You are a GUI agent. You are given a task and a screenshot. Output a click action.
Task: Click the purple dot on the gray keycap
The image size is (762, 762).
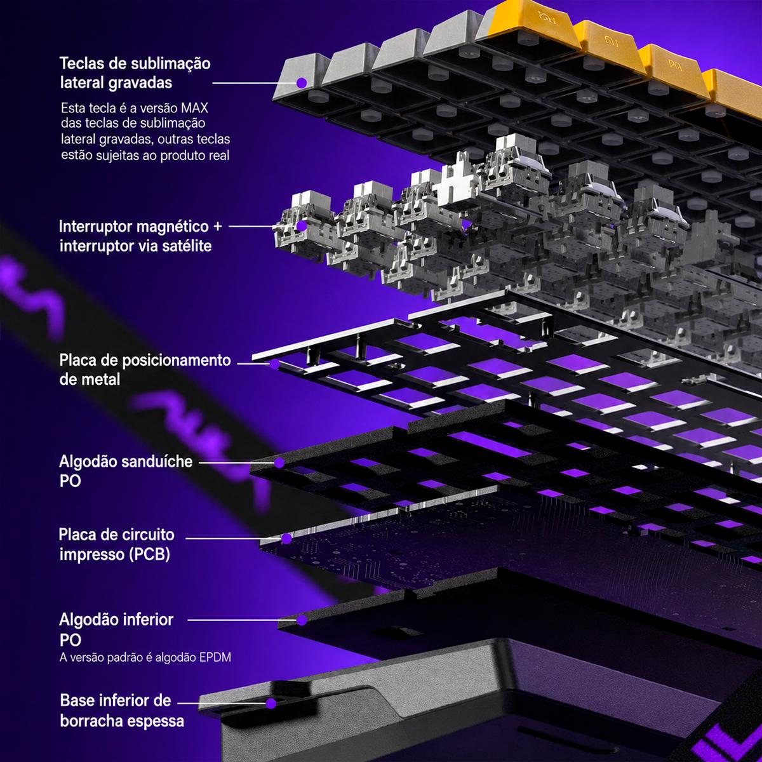(x=302, y=83)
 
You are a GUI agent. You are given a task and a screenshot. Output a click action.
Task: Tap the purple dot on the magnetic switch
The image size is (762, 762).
(x=302, y=226)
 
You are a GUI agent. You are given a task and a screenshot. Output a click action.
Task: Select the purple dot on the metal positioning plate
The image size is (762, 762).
(x=274, y=364)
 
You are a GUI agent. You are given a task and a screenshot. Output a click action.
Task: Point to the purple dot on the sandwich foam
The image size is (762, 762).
(x=279, y=463)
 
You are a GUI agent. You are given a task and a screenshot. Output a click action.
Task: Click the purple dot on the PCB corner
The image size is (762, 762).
(x=286, y=538)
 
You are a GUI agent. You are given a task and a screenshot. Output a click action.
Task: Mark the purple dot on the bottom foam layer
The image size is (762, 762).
(x=302, y=620)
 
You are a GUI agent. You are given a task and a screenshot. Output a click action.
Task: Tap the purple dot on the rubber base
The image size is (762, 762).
(x=271, y=703)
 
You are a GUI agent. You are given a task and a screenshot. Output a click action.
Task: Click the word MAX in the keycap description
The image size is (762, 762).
(x=194, y=108)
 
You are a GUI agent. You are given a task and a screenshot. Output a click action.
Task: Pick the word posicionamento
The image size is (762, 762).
(x=177, y=360)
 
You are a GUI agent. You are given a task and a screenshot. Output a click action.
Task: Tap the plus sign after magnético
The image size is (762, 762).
(x=217, y=227)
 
